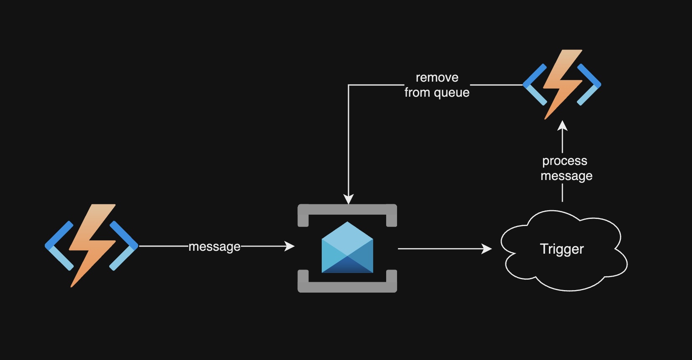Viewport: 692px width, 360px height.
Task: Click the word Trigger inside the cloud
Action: [561, 249]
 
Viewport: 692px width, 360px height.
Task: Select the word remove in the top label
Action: [437, 77]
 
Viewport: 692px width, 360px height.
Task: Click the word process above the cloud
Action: [564, 161]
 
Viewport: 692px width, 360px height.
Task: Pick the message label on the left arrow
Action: [214, 247]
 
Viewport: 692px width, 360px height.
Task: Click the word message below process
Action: [566, 176]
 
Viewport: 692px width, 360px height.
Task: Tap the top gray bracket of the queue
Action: [347, 210]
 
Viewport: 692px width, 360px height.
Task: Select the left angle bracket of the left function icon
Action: [59, 246]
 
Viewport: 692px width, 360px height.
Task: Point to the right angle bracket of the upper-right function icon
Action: [589, 85]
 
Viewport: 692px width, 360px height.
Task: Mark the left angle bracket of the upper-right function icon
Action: [535, 85]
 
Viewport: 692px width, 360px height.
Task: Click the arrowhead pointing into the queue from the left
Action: [290, 246]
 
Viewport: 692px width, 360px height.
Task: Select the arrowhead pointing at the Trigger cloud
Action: [487, 249]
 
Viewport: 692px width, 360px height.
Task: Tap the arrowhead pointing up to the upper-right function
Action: [563, 126]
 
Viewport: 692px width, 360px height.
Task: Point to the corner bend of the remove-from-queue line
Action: [349, 85]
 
